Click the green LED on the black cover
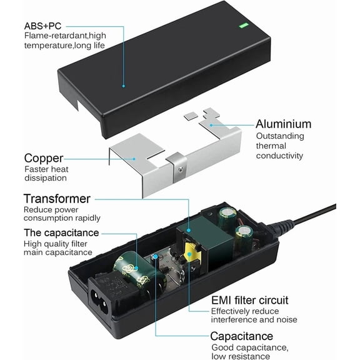click(x=244, y=26)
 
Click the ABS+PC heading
click(x=42, y=26)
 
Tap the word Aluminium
click(x=284, y=124)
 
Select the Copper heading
click(x=44, y=158)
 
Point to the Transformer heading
click(x=57, y=199)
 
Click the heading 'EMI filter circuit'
click(x=249, y=300)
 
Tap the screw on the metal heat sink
click(x=181, y=169)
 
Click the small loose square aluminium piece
click(x=191, y=116)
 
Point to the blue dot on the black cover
click(x=124, y=86)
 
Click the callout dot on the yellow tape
click(x=189, y=254)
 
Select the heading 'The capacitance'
click(x=61, y=232)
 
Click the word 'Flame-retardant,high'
click(x=65, y=36)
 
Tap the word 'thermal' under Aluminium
click(x=271, y=146)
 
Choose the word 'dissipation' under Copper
click(x=46, y=178)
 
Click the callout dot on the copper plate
click(x=134, y=159)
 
